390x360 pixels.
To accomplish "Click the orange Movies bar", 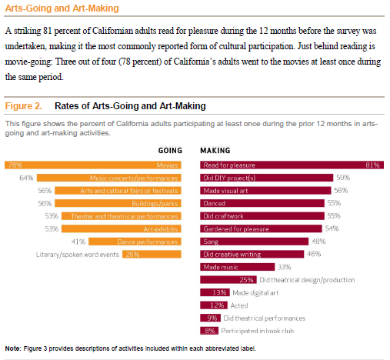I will [92, 165].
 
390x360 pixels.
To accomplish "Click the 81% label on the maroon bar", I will [373, 165].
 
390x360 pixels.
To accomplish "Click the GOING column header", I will [169, 151].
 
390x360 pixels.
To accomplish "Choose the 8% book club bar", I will [210, 331].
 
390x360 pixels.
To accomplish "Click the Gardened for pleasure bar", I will [261, 228].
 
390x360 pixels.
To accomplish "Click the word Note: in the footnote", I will [13, 349].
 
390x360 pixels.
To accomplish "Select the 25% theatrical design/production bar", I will [228, 280].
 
